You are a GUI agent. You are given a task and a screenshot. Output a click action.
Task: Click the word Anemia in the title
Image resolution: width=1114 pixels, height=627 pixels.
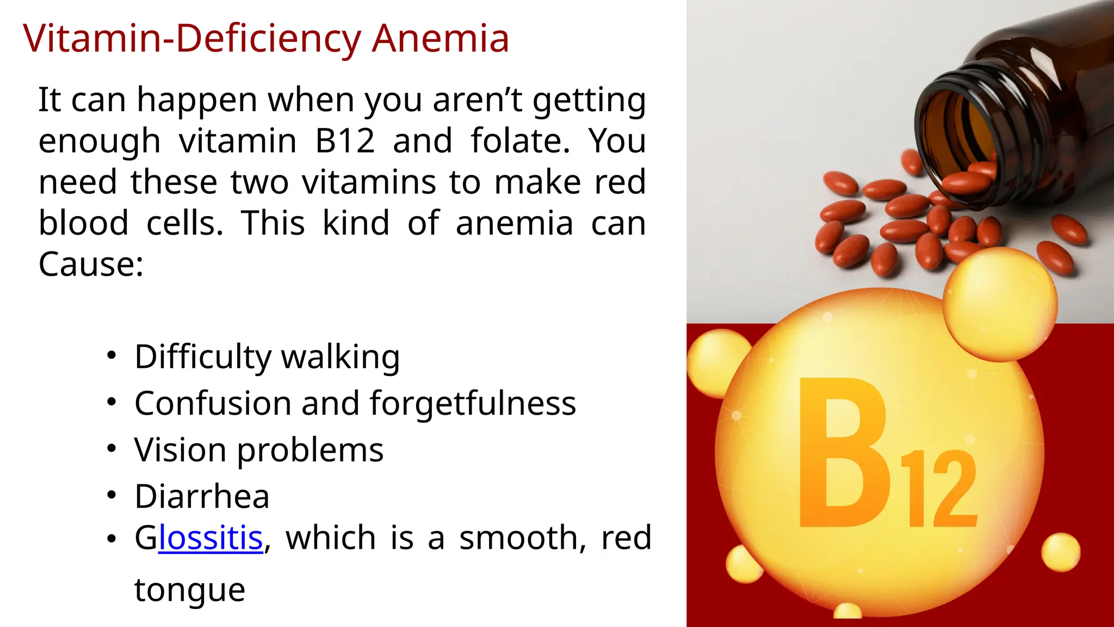440,39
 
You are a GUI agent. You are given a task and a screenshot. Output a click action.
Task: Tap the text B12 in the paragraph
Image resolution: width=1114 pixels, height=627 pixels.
345,141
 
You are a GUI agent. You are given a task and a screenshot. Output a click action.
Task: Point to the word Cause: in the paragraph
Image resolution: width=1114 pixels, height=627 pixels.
91,265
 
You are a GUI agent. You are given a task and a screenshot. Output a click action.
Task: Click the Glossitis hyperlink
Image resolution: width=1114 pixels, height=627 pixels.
211,538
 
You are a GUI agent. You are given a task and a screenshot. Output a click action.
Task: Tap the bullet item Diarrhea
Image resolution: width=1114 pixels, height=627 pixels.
202,496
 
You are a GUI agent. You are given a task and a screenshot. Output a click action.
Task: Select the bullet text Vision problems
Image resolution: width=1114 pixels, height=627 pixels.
259,450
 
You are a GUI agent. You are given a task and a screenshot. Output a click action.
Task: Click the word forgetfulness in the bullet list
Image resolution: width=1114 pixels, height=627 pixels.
472,403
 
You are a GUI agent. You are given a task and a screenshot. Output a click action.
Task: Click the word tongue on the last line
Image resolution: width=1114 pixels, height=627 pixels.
190,589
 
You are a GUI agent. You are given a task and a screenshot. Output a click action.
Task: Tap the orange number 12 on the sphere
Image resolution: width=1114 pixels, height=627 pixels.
939,489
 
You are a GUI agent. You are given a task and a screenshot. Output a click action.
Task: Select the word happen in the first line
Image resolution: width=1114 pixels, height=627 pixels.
197,100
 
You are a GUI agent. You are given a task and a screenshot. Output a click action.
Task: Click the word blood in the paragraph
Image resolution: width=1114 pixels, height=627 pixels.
83,223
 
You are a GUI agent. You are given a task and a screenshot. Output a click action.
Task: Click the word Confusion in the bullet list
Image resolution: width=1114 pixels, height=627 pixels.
213,403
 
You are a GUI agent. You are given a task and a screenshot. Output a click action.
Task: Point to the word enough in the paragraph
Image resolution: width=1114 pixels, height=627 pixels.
99,141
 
